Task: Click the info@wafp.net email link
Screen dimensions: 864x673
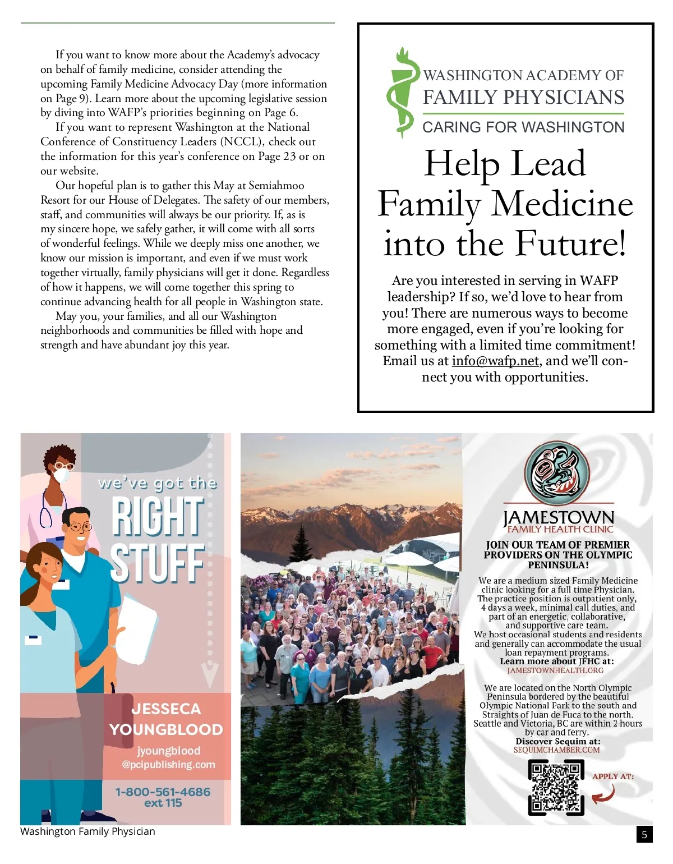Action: point(495,361)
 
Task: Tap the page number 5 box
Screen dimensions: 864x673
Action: point(644,834)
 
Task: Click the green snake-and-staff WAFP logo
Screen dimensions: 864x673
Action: point(403,93)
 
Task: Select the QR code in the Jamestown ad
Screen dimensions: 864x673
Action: point(556,787)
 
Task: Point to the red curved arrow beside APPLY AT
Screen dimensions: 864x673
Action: point(605,794)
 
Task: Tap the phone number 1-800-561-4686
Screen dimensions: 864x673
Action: point(163,792)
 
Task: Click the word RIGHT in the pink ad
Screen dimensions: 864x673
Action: point(156,517)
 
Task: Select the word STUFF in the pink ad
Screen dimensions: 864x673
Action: point(156,562)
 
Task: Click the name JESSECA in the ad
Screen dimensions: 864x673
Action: point(166,709)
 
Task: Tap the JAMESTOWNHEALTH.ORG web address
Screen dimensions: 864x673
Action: point(555,670)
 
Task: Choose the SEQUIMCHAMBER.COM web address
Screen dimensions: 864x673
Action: point(556,750)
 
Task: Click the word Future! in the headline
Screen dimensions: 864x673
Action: point(570,243)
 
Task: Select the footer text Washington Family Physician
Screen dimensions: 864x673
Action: point(87,831)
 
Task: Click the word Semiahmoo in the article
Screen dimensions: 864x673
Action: point(276,186)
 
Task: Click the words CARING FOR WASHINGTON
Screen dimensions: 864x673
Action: point(523,127)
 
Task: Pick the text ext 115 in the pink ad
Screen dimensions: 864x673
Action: point(163,803)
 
